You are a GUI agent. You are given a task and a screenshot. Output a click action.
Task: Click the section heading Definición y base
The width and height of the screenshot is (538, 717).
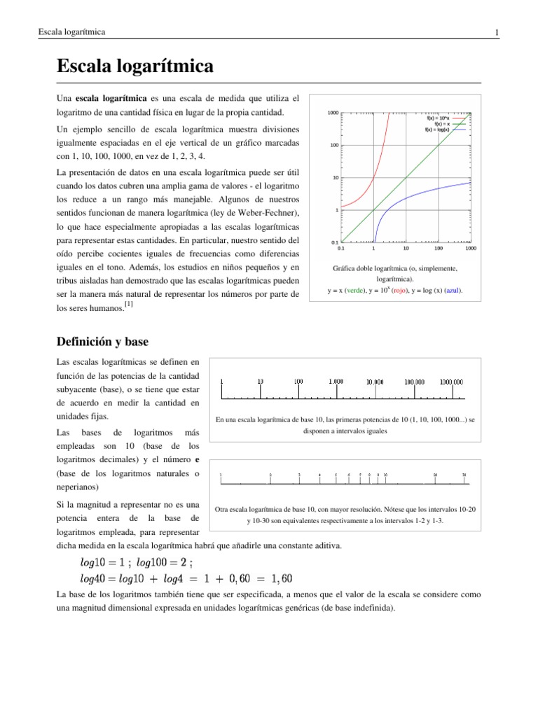[102, 341]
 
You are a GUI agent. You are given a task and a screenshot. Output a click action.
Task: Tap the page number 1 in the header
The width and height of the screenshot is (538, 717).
[496, 33]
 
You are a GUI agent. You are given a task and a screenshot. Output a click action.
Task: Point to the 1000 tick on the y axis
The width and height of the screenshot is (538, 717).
[333, 113]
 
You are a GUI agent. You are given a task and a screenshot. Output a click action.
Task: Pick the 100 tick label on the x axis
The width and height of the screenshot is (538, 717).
[438, 248]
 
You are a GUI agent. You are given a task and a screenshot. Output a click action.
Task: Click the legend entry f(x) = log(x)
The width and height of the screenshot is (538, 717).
[438, 130]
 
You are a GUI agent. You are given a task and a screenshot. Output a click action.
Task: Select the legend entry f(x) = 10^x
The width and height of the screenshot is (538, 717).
[438, 118]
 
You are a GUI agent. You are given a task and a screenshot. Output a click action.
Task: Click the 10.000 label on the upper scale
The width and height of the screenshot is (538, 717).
[375, 382]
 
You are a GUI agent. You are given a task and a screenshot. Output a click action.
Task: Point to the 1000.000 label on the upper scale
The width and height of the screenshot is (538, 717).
[451, 382]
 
